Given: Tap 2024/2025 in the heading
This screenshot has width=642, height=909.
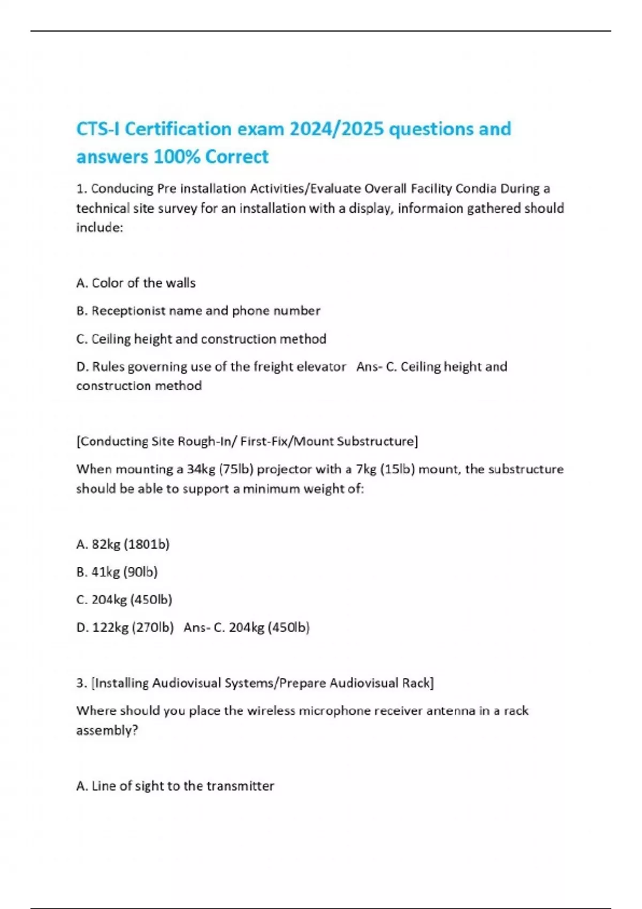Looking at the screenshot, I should click(x=337, y=129).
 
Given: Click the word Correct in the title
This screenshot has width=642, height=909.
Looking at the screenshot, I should click(x=236, y=157).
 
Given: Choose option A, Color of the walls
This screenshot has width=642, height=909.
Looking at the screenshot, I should click(x=136, y=283).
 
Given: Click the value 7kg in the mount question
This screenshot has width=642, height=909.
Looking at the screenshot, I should click(x=366, y=469).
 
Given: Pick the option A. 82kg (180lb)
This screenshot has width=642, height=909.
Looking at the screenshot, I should click(x=123, y=544).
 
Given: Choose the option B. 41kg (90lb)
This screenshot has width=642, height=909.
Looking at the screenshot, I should click(x=117, y=572).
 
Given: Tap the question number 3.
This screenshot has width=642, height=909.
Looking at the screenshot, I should click(x=81, y=683).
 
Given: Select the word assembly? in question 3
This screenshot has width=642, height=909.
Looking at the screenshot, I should click(x=107, y=730).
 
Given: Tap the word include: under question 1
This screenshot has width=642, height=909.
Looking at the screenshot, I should click(x=100, y=228).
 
